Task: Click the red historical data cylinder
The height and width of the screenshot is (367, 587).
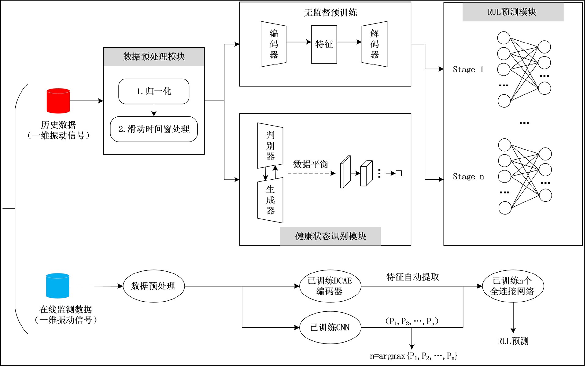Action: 58,101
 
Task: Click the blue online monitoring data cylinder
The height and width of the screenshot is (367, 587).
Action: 57,286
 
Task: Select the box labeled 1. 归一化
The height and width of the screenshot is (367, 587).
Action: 154,91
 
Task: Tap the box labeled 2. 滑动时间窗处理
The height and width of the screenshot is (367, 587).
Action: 154,129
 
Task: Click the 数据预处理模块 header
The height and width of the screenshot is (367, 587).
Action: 154,57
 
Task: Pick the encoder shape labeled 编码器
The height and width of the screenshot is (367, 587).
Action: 274,44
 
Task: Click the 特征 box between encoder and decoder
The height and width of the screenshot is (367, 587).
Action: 324,45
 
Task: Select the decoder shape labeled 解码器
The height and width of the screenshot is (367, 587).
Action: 375,44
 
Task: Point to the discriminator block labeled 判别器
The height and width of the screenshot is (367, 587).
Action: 270,146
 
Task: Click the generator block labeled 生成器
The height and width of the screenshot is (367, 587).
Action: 270,200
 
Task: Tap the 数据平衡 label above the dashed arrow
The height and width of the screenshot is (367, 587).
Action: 311,164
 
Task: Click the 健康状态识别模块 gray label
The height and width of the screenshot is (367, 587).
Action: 330,236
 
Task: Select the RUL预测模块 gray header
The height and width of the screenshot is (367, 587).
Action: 513,12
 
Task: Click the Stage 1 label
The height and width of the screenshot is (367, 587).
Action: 468,70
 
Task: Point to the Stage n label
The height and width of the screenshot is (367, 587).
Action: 468,177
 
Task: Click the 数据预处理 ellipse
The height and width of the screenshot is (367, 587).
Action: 153,286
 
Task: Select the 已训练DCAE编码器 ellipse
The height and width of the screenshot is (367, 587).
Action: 330,286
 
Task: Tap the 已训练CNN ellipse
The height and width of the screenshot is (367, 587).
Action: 330,328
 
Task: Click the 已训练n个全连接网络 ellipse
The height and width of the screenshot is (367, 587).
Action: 513,286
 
